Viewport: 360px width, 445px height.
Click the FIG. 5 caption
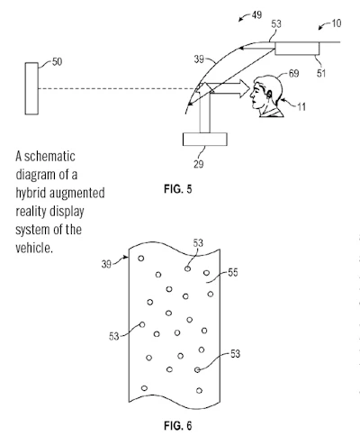(177, 189)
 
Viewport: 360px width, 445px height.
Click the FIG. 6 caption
(177, 425)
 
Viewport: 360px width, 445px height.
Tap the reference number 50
(57, 61)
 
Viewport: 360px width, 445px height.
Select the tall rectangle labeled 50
(31, 88)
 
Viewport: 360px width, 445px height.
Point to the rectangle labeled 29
(205, 140)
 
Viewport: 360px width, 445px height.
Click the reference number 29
(198, 164)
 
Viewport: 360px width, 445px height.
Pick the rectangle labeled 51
(297, 49)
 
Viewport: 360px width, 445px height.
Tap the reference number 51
(321, 73)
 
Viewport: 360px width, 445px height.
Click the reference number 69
(293, 73)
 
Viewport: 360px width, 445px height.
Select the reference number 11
(301, 106)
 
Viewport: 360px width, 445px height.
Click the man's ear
(268, 95)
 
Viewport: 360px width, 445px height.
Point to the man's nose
(251, 95)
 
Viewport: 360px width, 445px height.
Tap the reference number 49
(256, 14)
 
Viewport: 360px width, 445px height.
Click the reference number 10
(336, 23)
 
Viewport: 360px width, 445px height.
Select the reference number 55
(233, 272)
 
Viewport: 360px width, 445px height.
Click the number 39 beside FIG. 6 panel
(106, 264)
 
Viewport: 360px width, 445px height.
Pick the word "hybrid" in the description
(31, 193)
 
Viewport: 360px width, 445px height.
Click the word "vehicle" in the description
(32, 248)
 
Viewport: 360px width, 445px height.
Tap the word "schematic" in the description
(49, 156)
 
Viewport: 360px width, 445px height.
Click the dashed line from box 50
(116, 88)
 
